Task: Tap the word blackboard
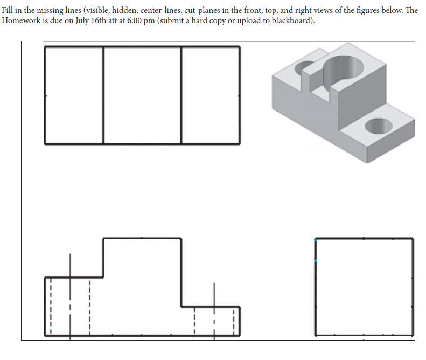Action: pyautogui.click(x=294, y=20)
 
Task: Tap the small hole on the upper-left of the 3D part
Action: pyautogui.click(x=304, y=68)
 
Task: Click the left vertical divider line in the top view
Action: pyautogui.click(x=103, y=95)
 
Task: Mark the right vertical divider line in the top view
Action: pyautogui.click(x=181, y=95)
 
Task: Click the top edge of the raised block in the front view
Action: pyautogui.click(x=142, y=238)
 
